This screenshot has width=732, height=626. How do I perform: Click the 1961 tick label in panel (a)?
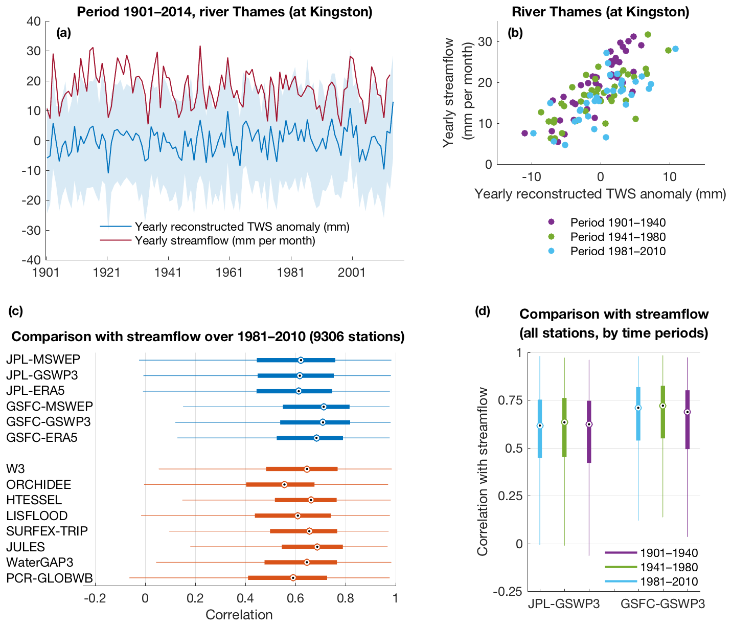coord(229,272)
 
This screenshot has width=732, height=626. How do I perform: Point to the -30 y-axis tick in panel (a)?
coord(34,230)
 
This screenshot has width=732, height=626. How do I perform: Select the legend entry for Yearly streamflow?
coord(225,240)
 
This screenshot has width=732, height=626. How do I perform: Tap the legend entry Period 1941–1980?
coord(618,237)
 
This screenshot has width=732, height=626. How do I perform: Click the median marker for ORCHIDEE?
coord(284,484)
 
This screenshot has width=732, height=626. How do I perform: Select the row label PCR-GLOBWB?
coord(50,578)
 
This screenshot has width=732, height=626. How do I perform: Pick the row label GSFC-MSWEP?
coord(50,407)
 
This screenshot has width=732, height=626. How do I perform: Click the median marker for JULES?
coord(317,547)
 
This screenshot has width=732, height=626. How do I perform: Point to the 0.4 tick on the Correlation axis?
coord(245,597)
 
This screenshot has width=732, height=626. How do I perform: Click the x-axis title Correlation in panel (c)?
coord(239,614)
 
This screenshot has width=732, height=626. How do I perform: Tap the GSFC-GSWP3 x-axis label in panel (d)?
coord(662,604)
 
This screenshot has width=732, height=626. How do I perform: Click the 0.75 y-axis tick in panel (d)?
coord(512,400)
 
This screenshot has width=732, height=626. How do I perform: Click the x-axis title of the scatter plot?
coord(600,194)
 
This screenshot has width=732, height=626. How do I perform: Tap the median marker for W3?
coord(307,469)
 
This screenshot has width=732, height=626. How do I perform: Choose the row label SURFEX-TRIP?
coord(47,531)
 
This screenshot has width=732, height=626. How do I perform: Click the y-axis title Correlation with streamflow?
coord(482,471)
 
